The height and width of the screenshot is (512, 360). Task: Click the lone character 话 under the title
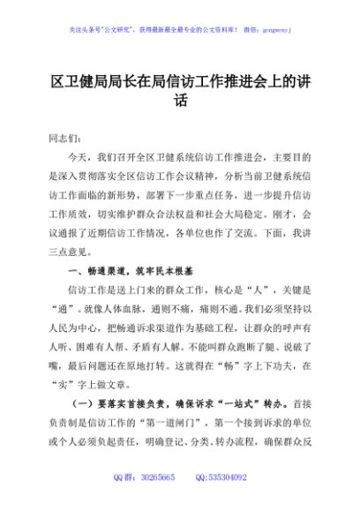pyautogui.click(x=181, y=100)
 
